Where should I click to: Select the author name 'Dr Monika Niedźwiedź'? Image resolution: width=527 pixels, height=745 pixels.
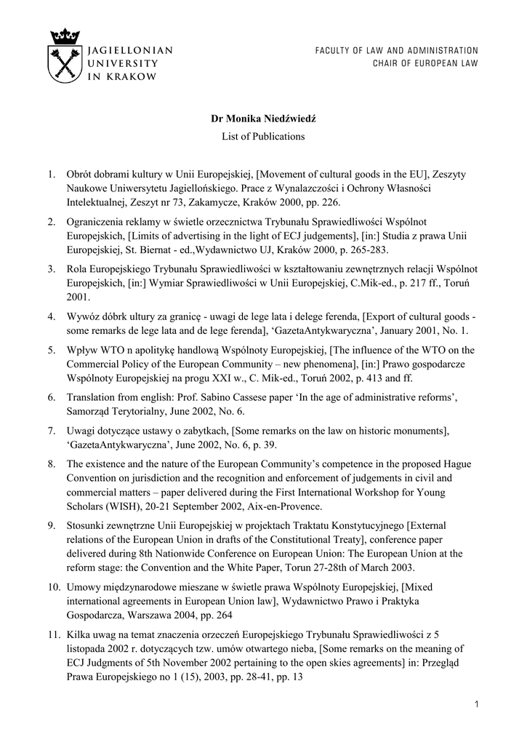[262, 117]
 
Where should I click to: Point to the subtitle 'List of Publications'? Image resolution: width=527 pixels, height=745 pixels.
[263, 136]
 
